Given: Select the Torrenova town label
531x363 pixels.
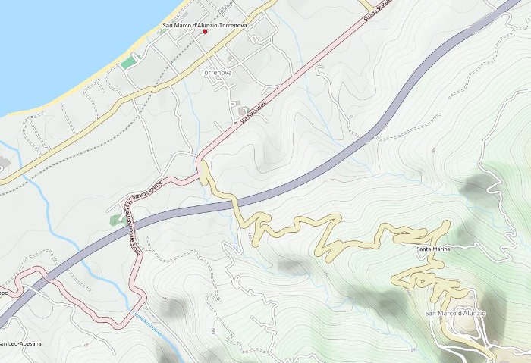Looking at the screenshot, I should pos(216,72).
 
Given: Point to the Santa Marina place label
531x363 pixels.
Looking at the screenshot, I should pos(434,249).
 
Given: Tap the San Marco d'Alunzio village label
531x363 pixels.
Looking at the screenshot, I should pos(454,314).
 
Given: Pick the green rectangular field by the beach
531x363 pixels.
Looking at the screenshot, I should pos(129,61).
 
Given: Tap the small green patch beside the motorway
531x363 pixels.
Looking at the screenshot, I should pos(116,219).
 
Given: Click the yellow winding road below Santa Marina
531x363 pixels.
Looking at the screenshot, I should pos(425,277).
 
